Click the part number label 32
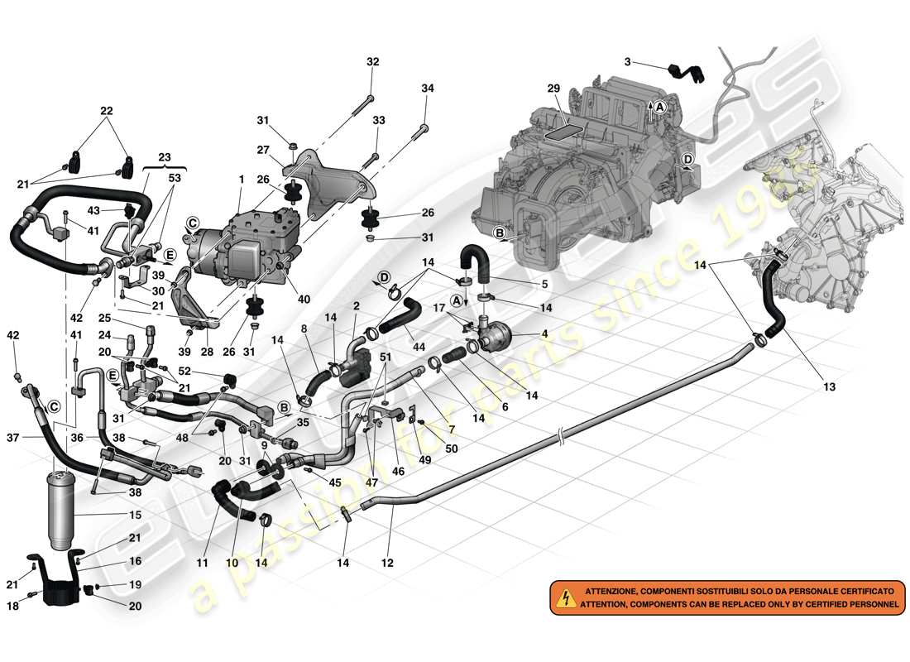pos(372,61)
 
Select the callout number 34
pos(427,89)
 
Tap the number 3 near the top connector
pos(627,62)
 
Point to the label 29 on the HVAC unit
pos(554,89)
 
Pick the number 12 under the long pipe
pos(386,564)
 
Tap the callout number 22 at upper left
pos(107,111)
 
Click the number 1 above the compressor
pos(242,180)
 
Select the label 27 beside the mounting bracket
pos(262,151)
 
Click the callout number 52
pos(208,371)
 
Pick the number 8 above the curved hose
pos(305,329)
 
